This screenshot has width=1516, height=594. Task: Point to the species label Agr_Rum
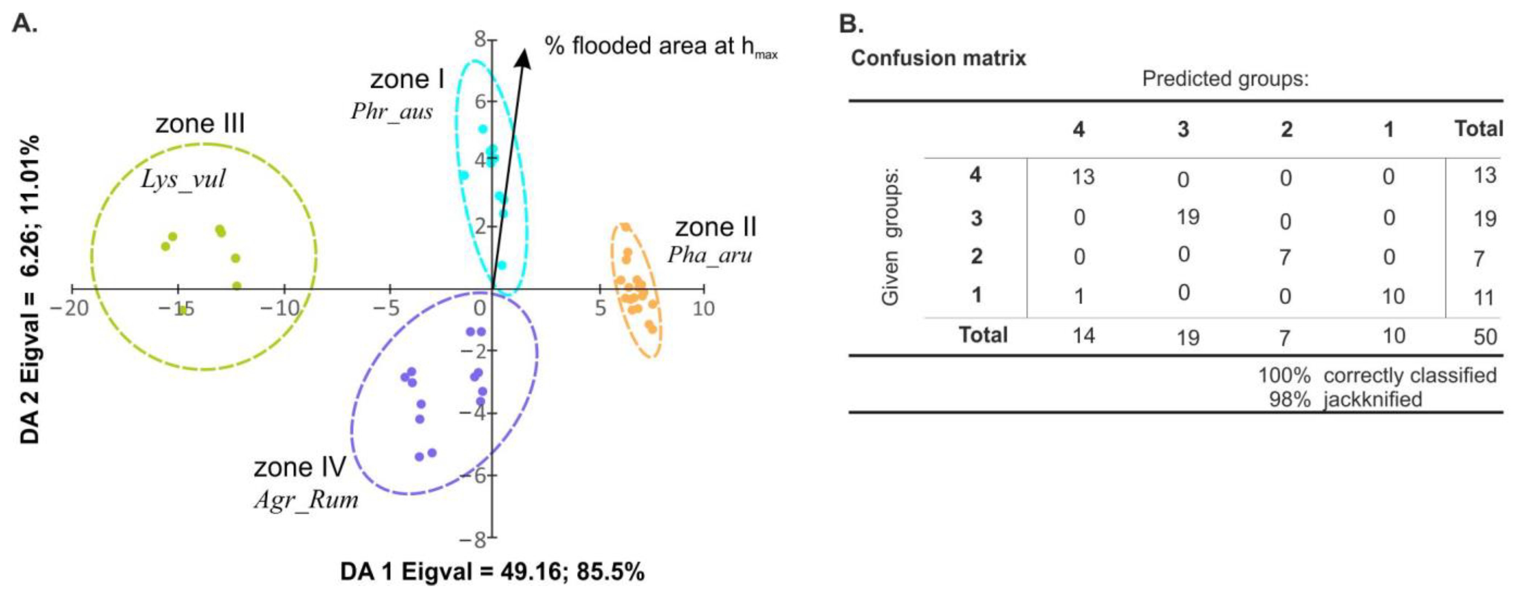pyautogui.click(x=306, y=500)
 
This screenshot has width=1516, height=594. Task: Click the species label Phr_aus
pyautogui.click(x=391, y=111)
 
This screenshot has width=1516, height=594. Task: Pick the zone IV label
pyautogui.click(x=300, y=468)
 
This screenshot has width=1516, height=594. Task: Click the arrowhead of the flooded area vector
pyautogui.click(x=522, y=58)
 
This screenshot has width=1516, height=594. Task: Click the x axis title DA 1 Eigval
pyautogui.click(x=492, y=572)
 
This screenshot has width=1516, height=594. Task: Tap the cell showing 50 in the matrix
pyautogui.click(x=1484, y=337)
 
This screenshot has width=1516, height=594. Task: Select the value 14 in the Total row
pyautogui.click(x=1083, y=335)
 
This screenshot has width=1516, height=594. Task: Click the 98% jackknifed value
pyautogui.click(x=1289, y=400)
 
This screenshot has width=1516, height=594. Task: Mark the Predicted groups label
pyautogui.click(x=1225, y=78)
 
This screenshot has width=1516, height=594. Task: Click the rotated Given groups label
pyautogui.click(x=890, y=238)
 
